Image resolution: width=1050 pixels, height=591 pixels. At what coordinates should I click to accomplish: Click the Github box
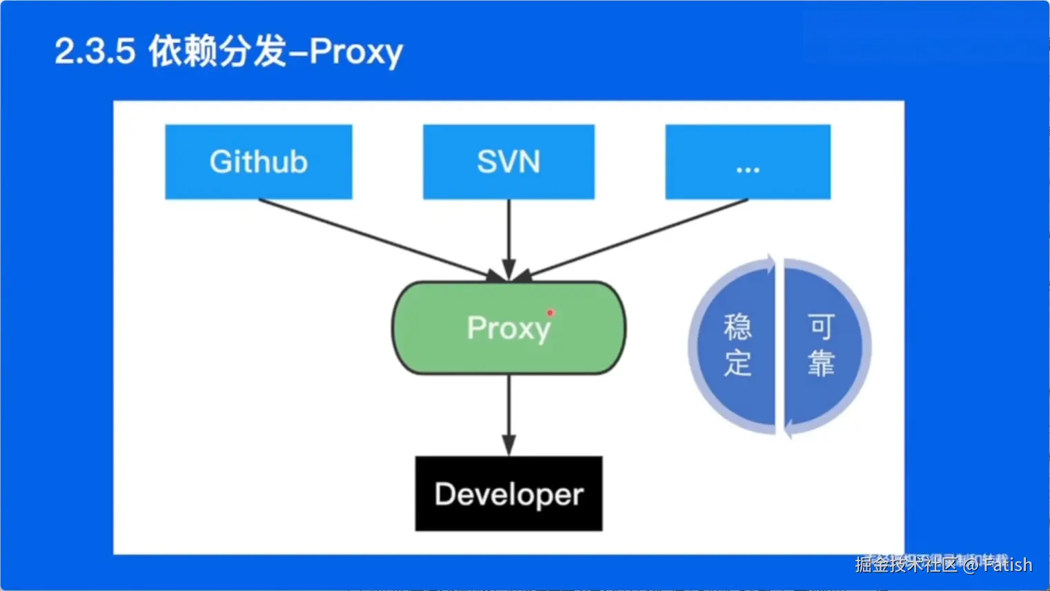pyautogui.click(x=259, y=162)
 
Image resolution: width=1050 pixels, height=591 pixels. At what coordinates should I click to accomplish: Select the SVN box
pyautogui.click(x=508, y=162)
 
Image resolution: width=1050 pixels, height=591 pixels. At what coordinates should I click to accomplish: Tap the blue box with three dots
pyautogui.click(x=748, y=162)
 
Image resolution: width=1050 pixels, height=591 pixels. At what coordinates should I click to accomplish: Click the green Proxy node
pyautogui.click(x=509, y=328)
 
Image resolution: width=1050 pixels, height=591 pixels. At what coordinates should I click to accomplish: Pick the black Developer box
pyautogui.click(x=508, y=494)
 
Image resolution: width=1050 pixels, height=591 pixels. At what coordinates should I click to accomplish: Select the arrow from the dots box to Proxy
pyautogui.click(x=638, y=238)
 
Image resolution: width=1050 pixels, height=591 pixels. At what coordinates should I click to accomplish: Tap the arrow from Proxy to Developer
pyautogui.click(x=509, y=414)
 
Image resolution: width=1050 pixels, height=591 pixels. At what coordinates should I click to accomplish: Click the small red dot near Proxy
pyautogui.click(x=550, y=313)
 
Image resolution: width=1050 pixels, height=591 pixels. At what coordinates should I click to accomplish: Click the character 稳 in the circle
pyautogui.click(x=737, y=327)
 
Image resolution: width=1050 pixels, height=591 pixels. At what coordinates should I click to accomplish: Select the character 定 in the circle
pyautogui.click(x=737, y=363)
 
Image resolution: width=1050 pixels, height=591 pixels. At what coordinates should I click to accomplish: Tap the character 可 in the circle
pyautogui.click(x=821, y=327)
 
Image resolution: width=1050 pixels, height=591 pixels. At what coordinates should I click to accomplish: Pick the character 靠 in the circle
pyautogui.click(x=821, y=363)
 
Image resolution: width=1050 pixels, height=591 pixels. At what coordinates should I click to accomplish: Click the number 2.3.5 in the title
pyautogui.click(x=95, y=51)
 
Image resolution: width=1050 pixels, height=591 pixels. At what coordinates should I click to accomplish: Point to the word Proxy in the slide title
pyautogui.click(x=356, y=52)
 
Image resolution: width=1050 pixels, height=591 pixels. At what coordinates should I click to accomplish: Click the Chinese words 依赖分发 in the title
pyautogui.click(x=217, y=51)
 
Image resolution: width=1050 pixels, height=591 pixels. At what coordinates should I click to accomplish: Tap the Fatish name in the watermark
pyautogui.click(x=1007, y=565)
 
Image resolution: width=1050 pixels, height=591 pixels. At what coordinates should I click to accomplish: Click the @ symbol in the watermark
pyautogui.click(x=971, y=565)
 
